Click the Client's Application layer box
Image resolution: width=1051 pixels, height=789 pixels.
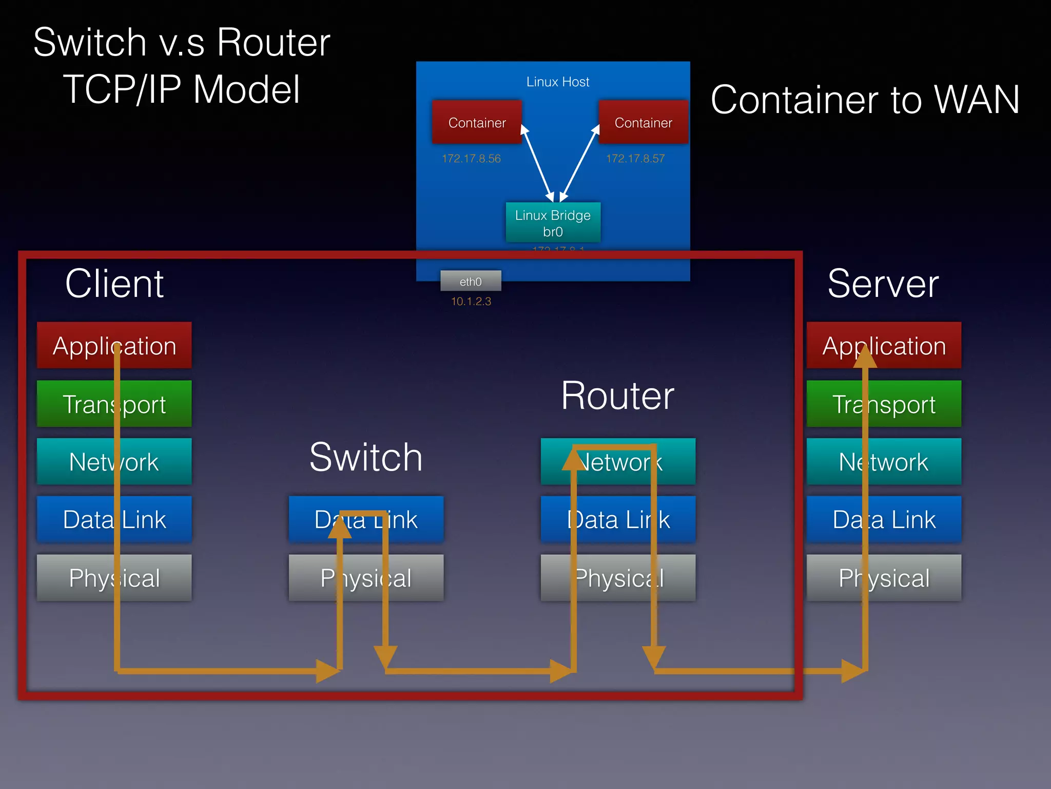pos(114,345)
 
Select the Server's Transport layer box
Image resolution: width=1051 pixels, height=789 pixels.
pos(884,404)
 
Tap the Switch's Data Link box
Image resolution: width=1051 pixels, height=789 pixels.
pos(366,519)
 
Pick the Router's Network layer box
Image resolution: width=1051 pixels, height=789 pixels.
pos(618,461)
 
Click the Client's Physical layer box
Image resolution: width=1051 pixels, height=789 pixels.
pos(114,577)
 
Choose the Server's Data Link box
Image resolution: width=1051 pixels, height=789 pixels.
pos(884,519)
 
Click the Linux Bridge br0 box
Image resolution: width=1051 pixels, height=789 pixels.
pos(553,222)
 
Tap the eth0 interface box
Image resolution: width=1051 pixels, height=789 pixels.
pos(471,281)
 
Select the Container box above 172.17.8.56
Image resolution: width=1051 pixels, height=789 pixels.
pos(477,122)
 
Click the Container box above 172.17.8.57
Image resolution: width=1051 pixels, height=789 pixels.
pos(643,122)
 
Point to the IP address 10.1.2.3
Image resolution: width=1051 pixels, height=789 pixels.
pos(471,302)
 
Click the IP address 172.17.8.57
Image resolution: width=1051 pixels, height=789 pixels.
pos(635,159)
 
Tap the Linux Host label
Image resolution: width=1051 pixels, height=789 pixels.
pos(558,82)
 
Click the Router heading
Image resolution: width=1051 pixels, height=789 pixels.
pos(617,396)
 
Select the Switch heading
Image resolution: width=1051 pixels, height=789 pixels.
pos(366,457)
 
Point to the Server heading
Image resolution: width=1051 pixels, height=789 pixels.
pos(883,284)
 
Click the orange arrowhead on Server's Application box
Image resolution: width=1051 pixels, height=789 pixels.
pos(865,357)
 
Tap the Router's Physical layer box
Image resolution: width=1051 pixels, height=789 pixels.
pos(618,577)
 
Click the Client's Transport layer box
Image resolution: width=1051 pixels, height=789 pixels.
pos(114,404)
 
